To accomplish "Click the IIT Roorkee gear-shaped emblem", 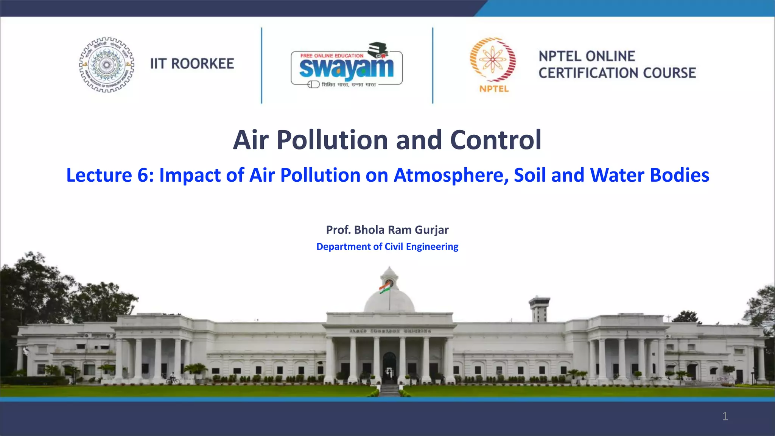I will pyautogui.click(x=107, y=65).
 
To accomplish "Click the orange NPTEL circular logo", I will pyautogui.click(x=493, y=61).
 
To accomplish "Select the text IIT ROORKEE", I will pyautogui.click(x=192, y=64).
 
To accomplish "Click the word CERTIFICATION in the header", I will pyautogui.click(x=589, y=73).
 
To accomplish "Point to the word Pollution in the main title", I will pyautogui.click(x=332, y=140).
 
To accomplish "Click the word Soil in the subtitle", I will pyautogui.click(x=530, y=175).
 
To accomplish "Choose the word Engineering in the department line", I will pyautogui.click(x=432, y=247).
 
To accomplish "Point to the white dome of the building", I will pyautogui.click(x=389, y=301).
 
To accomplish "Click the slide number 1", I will pyautogui.click(x=725, y=416).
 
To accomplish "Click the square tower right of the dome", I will pyautogui.click(x=539, y=308).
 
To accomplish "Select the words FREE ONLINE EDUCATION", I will pyautogui.click(x=332, y=56).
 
